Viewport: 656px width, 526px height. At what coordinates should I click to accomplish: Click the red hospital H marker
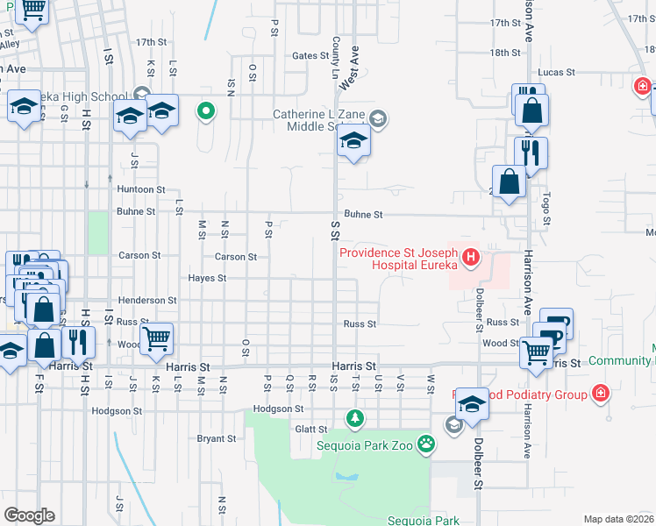[471, 257]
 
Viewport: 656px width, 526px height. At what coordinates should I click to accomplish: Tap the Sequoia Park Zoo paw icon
[426, 444]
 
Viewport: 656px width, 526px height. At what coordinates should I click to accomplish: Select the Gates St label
[310, 55]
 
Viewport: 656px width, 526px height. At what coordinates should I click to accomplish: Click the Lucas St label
[557, 72]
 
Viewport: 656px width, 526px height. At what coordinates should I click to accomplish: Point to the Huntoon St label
[141, 189]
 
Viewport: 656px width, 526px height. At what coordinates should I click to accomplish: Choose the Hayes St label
[207, 279]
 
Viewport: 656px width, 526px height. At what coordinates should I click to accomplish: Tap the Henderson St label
[141, 300]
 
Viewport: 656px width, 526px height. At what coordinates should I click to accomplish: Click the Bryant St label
[217, 438]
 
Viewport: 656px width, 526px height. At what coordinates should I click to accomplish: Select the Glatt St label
[310, 430]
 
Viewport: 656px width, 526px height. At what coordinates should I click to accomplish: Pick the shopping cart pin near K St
[156, 338]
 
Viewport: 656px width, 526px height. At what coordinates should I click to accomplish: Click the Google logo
[29, 515]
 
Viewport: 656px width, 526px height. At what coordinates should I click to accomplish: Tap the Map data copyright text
[619, 519]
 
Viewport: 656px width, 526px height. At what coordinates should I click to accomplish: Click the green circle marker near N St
[206, 110]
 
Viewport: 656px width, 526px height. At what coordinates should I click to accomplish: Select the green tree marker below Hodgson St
[354, 419]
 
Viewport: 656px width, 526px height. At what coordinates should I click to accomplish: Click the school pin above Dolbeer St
[471, 402]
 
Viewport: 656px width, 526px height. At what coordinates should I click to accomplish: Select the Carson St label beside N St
[236, 257]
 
